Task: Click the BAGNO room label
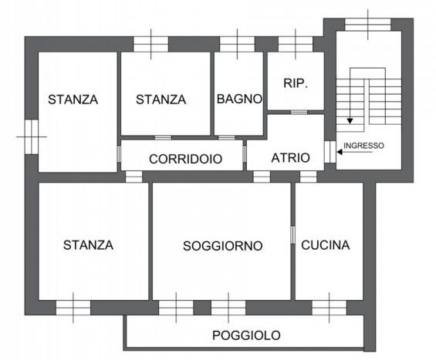pyautogui.click(x=239, y=99)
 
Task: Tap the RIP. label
pyautogui.click(x=296, y=83)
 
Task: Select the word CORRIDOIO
pyautogui.click(x=185, y=159)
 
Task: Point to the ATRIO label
pyautogui.click(x=290, y=158)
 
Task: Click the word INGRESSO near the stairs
pyautogui.click(x=363, y=146)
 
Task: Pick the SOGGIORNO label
pyautogui.click(x=223, y=246)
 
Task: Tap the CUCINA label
pyautogui.click(x=326, y=245)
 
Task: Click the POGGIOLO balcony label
pyautogui.click(x=246, y=335)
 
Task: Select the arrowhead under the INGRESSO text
pyautogui.click(x=340, y=152)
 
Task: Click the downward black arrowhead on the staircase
pyautogui.click(x=350, y=121)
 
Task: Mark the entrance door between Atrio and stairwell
pyautogui.click(x=330, y=152)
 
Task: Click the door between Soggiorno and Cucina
pyautogui.click(x=292, y=235)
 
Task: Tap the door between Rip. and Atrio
pyautogui.click(x=299, y=113)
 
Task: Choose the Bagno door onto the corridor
pyautogui.click(x=227, y=138)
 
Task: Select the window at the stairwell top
pyautogui.click(x=368, y=25)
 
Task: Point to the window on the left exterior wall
pyautogui.click(x=32, y=136)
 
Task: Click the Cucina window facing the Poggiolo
pyautogui.click(x=330, y=308)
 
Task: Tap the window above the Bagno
pyautogui.click(x=237, y=44)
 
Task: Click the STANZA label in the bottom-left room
pyautogui.click(x=89, y=245)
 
